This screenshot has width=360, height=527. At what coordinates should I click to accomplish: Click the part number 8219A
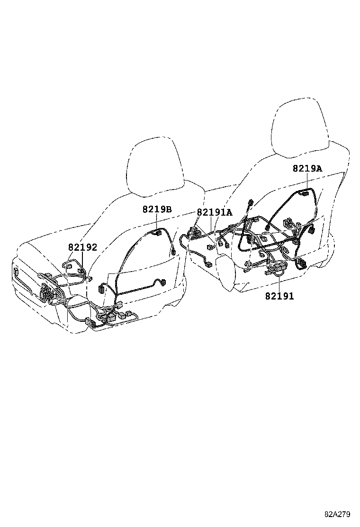click(x=307, y=168)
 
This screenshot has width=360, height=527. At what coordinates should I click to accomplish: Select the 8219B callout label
click(x=157, y=209)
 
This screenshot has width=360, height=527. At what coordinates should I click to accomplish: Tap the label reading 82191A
click(x=214, y=212)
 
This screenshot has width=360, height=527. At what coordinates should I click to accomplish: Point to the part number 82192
click(x=82, y=247)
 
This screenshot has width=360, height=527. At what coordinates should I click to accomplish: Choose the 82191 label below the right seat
click(x=279, y=296)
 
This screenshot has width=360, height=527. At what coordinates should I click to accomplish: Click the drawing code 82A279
click(x=337, y=514)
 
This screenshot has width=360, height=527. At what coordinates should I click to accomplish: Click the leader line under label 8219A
click(x=307, y=182)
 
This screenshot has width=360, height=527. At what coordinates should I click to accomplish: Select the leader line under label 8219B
click(x=157, y=223)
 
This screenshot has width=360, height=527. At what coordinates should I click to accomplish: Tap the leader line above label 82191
click(x=279, y=282)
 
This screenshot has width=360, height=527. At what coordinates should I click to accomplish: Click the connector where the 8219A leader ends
click(x=305, y=193)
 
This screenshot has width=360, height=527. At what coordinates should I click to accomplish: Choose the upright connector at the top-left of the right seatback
click(x=250, y=204)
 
